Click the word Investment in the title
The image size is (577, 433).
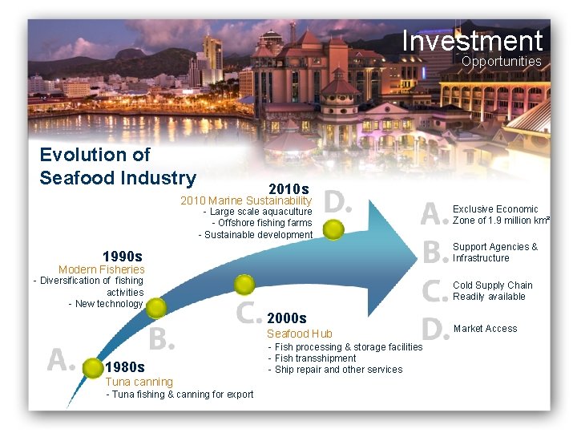coord(472,40)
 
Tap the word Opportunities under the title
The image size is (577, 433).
coord(502,62)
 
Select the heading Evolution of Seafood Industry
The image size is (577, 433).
coord(118,166)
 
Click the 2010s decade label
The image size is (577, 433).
coord(288,188)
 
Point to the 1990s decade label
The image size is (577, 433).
coord(122,256)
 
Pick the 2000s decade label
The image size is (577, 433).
coord(287,318)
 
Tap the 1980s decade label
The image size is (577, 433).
coord(125,368)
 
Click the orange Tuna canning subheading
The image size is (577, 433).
coord(139,382)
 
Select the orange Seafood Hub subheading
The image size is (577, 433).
coord(299,334)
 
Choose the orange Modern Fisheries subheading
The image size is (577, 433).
coord(102,269)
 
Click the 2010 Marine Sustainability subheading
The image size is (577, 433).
coord(246,200)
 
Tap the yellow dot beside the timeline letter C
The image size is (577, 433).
coord(244,284)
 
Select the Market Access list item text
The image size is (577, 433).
coord(485,329)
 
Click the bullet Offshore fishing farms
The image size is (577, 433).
coord(262,223)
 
